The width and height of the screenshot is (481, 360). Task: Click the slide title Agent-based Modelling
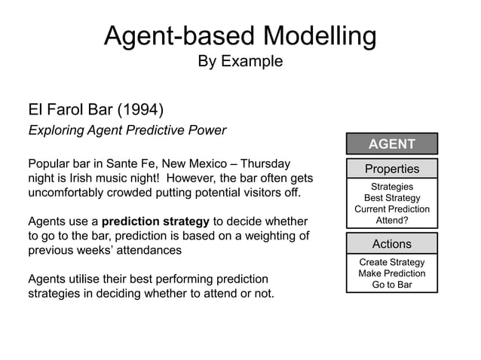click(240, 35)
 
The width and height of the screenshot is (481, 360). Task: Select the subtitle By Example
click(240, 62)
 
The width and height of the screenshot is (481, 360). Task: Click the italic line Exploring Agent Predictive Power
click(127, 130)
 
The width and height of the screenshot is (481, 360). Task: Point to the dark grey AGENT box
click(391, 144)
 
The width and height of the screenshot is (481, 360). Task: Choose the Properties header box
click(391, 169)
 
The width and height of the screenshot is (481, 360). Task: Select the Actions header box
click(391, 244)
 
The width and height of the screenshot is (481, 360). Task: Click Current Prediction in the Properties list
click(391, 209)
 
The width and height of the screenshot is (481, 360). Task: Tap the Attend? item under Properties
click(391, 221)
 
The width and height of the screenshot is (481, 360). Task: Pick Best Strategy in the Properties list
click(391, 198)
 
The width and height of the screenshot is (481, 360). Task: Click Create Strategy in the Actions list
click(391, 262)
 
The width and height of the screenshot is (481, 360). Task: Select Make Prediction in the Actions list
click(391, 273)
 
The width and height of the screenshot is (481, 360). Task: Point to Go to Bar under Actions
click(391, 285)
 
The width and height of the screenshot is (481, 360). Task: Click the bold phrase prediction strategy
click(155, 221)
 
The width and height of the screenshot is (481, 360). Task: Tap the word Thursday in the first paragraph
click(266, 163)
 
